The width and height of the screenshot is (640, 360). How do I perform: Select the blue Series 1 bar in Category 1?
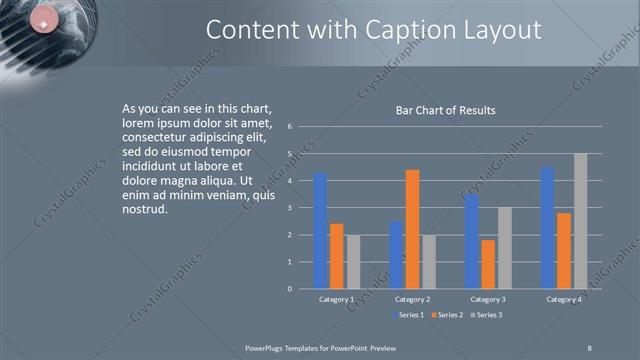(x=320, y=231)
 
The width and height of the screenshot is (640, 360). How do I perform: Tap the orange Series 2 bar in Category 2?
(x=412, y=229)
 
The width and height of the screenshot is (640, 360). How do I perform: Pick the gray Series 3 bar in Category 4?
(x=580, y=221)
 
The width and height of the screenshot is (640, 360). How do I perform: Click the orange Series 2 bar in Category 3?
(x=488, y=264)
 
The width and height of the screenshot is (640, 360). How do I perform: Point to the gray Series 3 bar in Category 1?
(x=352, y=262)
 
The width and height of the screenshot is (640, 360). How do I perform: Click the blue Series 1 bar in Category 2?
(x=396, y=255)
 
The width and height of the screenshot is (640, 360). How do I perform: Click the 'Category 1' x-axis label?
(x=336, y=299)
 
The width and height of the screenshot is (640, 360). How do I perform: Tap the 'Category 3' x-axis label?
(x=488, y=299)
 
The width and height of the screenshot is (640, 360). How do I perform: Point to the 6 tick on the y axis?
(x=289, y=127)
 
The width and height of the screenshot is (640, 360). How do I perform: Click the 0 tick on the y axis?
(x=289, y=289)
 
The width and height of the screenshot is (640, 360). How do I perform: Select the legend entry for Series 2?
(x=446, y=315)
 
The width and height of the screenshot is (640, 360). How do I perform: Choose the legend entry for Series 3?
(x=487, y=315)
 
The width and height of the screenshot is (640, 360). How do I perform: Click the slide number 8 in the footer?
(x=589, y=347)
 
